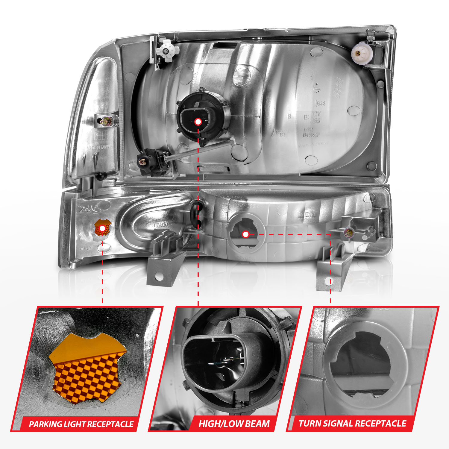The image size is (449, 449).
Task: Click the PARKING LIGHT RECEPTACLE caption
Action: tap(81, 424)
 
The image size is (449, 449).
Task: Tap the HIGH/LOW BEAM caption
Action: tap(234, 424)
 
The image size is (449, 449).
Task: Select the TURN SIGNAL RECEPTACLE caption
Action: tap(352, 424)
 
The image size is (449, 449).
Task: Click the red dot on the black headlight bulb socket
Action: tap(198, 122)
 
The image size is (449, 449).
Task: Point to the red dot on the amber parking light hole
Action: tap(102, 228)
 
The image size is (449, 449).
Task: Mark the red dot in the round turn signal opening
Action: tap(245, 234)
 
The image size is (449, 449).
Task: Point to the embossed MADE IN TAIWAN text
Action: tap(99, 147)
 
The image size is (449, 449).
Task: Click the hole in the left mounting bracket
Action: tap(159, 277)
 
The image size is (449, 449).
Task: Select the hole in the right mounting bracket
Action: tap(329, 281)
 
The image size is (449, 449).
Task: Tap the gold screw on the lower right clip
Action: tap(348, 232)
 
